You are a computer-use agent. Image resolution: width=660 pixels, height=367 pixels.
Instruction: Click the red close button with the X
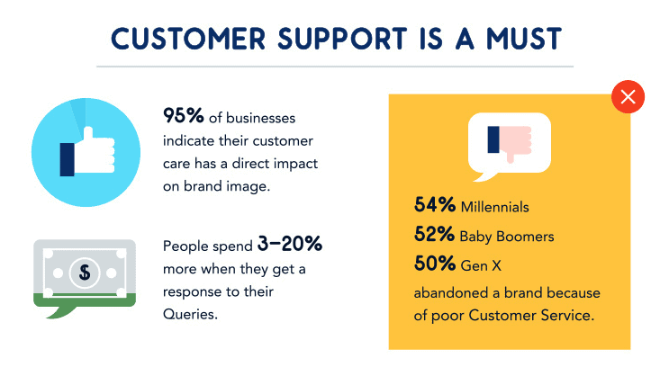(x=628, y=96)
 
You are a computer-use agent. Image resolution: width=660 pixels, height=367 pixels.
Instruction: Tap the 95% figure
(x=184, y=116)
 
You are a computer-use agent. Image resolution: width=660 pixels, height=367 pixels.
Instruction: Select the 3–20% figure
(x=290, y=244)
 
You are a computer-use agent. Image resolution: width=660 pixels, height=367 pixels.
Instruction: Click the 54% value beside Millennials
(x=435, y=205)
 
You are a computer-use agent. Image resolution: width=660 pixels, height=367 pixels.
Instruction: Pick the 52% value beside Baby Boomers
(x=434, y=234)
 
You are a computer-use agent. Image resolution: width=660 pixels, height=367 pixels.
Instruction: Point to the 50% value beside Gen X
(x=435, y=264)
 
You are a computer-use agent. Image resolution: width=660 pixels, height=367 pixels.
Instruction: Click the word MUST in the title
(x=524, y=39)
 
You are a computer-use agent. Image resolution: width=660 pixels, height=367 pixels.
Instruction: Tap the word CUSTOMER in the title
(x=188, y=39)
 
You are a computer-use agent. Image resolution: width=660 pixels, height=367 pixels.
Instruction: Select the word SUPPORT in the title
(x=342, y=39)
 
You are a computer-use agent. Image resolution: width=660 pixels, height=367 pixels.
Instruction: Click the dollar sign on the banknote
(x=85, y=273)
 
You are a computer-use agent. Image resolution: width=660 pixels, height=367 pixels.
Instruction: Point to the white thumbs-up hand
(x=95, y=151)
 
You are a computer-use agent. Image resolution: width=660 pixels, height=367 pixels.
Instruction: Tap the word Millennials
(x=494, y=207)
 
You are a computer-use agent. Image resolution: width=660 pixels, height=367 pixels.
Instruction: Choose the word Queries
(x=190, y=315)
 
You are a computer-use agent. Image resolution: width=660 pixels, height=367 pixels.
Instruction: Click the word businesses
(x=260, y=118)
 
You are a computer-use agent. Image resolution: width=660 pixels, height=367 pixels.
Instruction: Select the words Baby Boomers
(x=507, y=237)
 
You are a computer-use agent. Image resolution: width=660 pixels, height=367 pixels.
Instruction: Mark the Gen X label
(x=481, y=265)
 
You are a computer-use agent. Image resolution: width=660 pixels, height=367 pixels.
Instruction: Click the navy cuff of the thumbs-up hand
(x=68, y=159)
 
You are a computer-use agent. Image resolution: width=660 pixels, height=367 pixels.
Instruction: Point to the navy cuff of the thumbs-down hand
(x=493, y=139)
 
